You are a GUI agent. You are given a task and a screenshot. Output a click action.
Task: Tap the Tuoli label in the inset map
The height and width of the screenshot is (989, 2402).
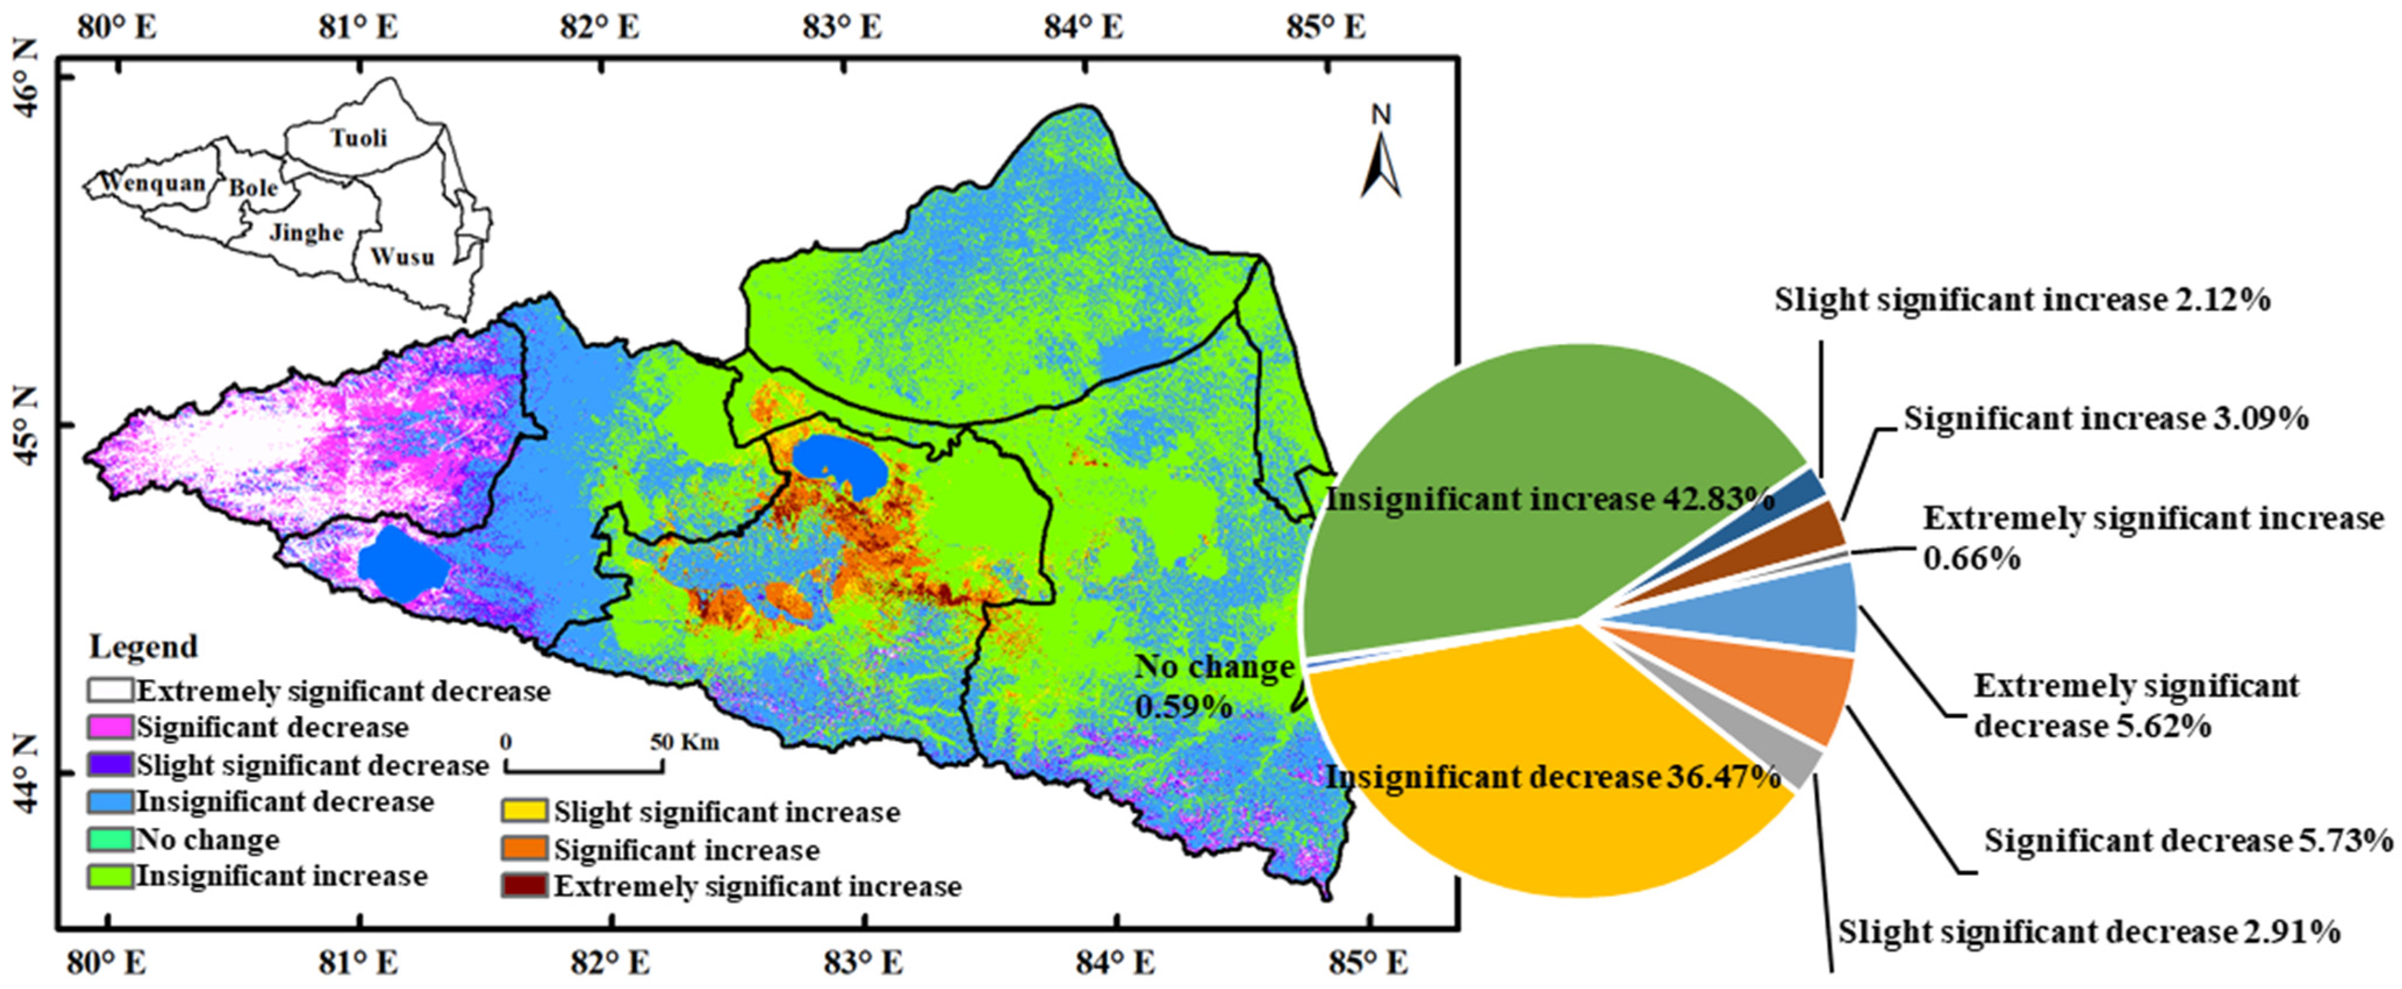pos(359,138)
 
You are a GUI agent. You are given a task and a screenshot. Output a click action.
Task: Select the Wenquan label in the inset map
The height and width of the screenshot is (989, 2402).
pos(153,183)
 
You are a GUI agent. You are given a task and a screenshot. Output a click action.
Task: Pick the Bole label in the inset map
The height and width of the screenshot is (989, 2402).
pos(254,188)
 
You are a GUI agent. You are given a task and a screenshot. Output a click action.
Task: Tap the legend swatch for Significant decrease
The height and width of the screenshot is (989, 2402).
pos(110,727)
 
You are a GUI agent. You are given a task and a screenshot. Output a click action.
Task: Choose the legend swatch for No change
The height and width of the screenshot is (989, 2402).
pos(110,840)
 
